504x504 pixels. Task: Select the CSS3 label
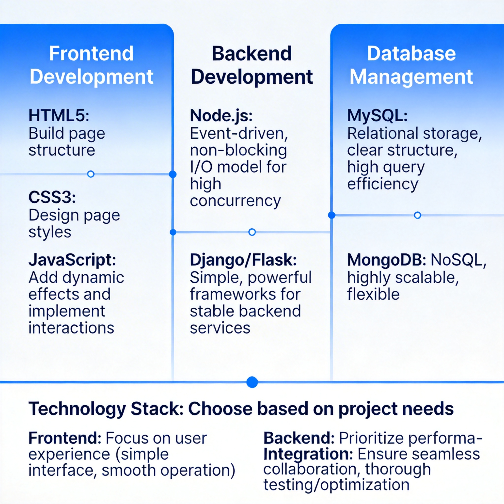point(52,197)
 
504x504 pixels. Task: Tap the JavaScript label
point(72,260)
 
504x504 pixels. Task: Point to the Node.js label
point(221,115)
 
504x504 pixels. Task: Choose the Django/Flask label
point(243,260)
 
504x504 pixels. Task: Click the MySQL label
point(377,115)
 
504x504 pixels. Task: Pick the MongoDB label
point(386,260)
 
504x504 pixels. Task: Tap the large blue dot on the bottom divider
point(252,382)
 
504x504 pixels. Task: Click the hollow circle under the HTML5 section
point(91,174)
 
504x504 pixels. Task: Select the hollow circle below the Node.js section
point(252,232)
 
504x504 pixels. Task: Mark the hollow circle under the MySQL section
point(417,215)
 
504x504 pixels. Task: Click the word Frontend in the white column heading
point(91,53)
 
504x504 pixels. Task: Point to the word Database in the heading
point(411,53)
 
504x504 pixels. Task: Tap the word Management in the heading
point(411,77)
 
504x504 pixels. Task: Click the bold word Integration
point(308,454)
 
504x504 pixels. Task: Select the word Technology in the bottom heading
point(77,409)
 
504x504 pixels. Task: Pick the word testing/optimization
point(336,485)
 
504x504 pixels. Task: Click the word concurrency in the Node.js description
point(235,201)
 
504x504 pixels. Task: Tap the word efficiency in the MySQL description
point(383,184)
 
